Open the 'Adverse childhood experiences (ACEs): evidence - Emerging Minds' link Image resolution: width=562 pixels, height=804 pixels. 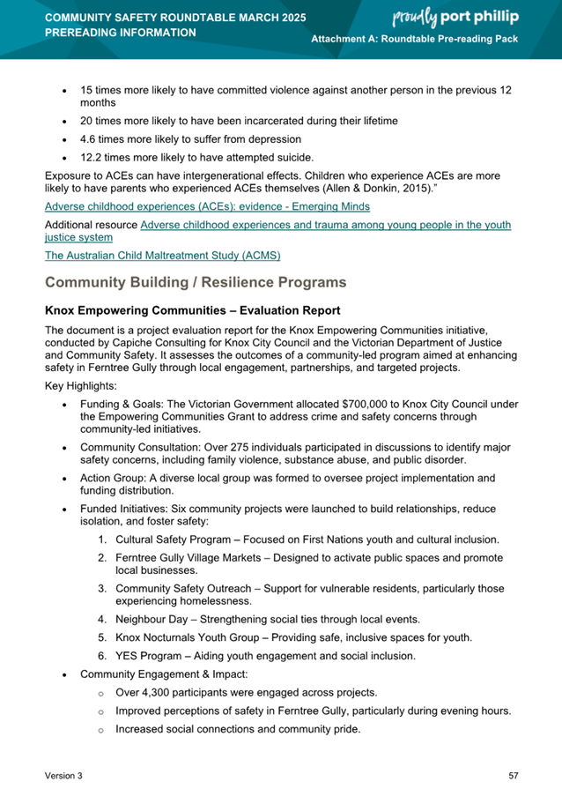pos(207,206)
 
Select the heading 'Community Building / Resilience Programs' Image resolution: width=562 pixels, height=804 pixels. pos(195,282)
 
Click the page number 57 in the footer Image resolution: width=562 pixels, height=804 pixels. pos(514,775)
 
